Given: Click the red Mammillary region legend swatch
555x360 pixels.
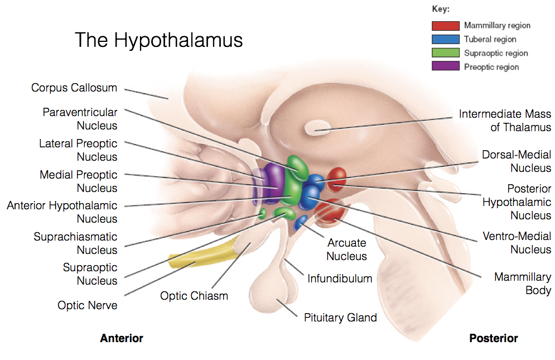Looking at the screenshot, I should pyautogui.click(x=445, y=25).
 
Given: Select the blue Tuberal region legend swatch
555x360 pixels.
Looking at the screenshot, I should pyautogui.click(x=445, y=39).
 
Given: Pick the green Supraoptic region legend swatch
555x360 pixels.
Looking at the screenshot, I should pyautogui.click(x=445, y=53).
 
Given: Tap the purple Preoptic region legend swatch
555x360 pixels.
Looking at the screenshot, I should pyautogui.click(x=445, y=67).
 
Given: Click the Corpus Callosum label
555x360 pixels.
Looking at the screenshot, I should pyautogui.click(x=74, y=88).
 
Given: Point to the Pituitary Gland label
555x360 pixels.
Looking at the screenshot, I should pyautogui.click(x=340, y=318).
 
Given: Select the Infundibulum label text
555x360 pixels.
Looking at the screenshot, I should pyautogui.click(x=340, y=278).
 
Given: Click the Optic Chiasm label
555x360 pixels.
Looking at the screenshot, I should pyautogui.click(x=194, y=296).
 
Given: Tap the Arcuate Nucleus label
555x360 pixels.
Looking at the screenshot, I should pyautogui.click(x=346, y=249).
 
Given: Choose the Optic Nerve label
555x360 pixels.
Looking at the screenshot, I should pyautogui.click(x=88, y=305).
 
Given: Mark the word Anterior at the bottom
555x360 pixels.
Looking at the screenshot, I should pyautogui.click(x=122, y=338).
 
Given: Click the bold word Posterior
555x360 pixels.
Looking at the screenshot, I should pyautogui.click(x=494, y=338).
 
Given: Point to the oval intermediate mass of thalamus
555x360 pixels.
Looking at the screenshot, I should pyautogui.click(x=317, y=131).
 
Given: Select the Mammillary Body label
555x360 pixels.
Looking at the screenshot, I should pyautogui.click(x=523, y=284).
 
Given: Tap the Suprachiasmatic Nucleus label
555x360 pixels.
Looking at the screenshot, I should pyautogui.click(x=76, y=243).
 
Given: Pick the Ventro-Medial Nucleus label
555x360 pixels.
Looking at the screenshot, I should pyautogui.click(x=517, y=243).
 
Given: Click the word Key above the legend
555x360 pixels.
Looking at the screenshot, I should pyautogui.click(x=441, y=9).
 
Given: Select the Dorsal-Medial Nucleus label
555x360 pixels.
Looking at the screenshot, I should pyautogui.click(x=517, y=161).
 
